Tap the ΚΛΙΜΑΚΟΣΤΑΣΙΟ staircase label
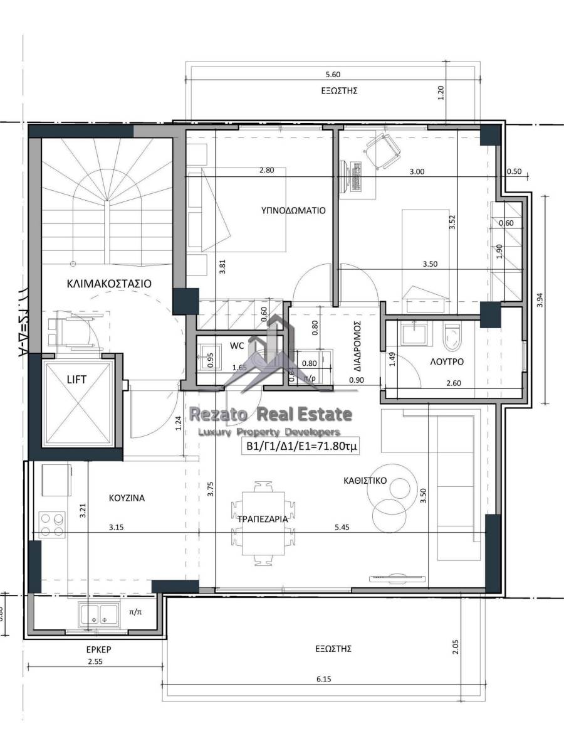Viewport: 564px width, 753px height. click(x=109, y=283)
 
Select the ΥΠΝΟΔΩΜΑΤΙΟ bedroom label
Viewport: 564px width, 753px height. click(x=293, y=211)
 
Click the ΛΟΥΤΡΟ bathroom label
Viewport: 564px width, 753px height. click(x=447, y=362)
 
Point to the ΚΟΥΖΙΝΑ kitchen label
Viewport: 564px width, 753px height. click(x=125, y=498)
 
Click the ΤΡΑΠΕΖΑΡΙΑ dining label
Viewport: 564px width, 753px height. click(x=262, y=519)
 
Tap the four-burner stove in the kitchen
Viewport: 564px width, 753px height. click(x=52, y=525)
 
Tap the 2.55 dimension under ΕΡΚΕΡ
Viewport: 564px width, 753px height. click(x=95, y=662)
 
